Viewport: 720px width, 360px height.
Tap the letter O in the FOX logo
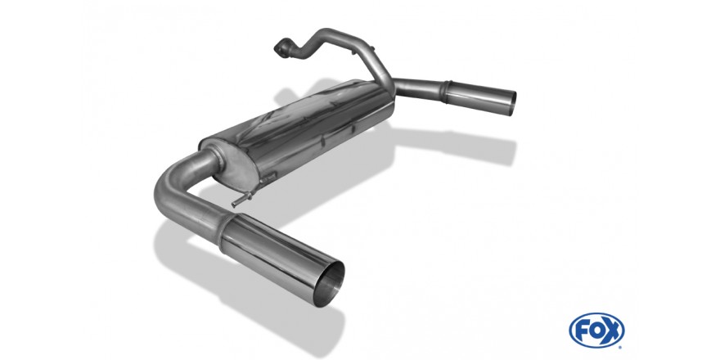coord(596,331)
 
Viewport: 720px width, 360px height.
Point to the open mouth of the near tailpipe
coord(329,283)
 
